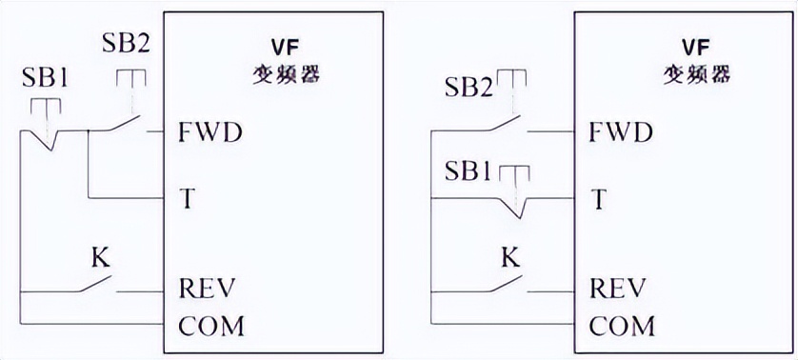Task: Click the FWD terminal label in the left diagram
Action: pyautogui.click(x=210, y=132)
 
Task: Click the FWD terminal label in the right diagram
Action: pyautogui.click(x=621, y=132)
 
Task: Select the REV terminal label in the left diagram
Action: pyautogui.click(x=207, y=288)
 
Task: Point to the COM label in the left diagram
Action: pyautogui.click(x=210, y=326)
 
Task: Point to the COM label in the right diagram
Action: pyautogui.click(x=622, y=326)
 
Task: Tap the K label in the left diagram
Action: pyautogui.click(x=97, y=257)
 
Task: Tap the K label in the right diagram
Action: pyautogui.click(x=509, y=257)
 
